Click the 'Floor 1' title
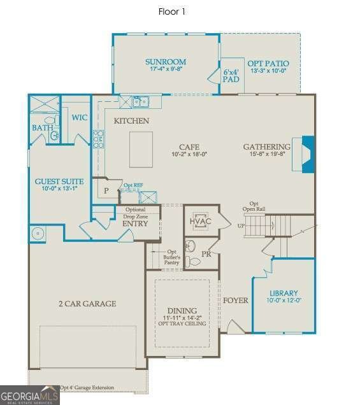click(171, 11)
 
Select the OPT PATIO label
click(268, 64)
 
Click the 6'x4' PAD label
click(230, 76)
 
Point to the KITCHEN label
click(131, 120)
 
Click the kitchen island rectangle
click(141, 149)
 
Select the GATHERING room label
click(266, 147)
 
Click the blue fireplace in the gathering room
click(308, 154)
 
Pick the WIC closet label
click(80, 117)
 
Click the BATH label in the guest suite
click(42, 128)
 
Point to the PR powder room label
click(206, 253)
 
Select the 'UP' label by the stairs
click(240, 225)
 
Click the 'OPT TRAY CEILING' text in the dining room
click(182, 324)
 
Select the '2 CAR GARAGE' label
click(88, 304)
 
